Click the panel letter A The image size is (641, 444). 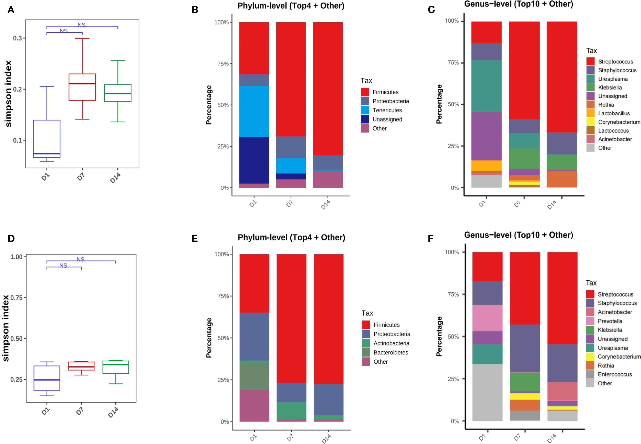tap(11, 10)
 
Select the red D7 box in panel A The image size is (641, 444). tap(82, 87)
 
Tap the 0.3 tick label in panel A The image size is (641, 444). tap(18, 38)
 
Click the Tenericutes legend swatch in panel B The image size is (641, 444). tap(365, 110)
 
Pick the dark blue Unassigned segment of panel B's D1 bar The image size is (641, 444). tap(254, 160)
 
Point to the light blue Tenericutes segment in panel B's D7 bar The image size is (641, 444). tap(291, 165)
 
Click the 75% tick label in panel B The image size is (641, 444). tap(223, 64)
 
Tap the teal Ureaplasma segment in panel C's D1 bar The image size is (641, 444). tap(486, 86)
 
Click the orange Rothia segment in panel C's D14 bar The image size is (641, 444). tap(562, 179)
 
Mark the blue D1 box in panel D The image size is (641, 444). tap(47, 378)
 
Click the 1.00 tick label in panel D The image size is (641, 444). tap(16, 257)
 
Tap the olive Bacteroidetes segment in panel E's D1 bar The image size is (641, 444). tap(254, 376)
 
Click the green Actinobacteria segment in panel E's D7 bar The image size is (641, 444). tap(291, 411)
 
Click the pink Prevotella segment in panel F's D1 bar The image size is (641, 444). tap(487, 318)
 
